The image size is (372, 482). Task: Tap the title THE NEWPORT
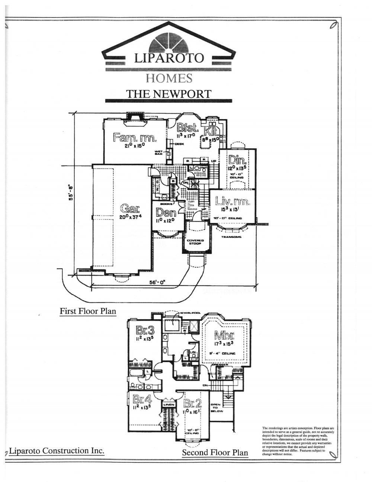pyautogui.click(x=169, y=93)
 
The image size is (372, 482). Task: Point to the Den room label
pyautogui.click(x=166, y=213)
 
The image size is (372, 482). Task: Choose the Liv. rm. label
pyautogui.click(x=232, y=202)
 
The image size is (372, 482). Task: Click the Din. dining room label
pyautogui.click(x=236, y=160)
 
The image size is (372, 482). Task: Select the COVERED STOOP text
pyautogui.click(x=195, y=242)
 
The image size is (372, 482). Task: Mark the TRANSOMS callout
pyautogui.click(x=231, y=237)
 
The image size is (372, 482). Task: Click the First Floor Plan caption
pyautogui.click(x=88, y=311)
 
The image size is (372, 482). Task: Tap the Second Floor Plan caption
pyautogui.click(x=215, y=453)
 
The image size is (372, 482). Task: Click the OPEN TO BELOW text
pyautogui.click(x=216, y=408)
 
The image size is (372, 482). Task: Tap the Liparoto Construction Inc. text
pyautogui.click(x=56, y=451)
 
